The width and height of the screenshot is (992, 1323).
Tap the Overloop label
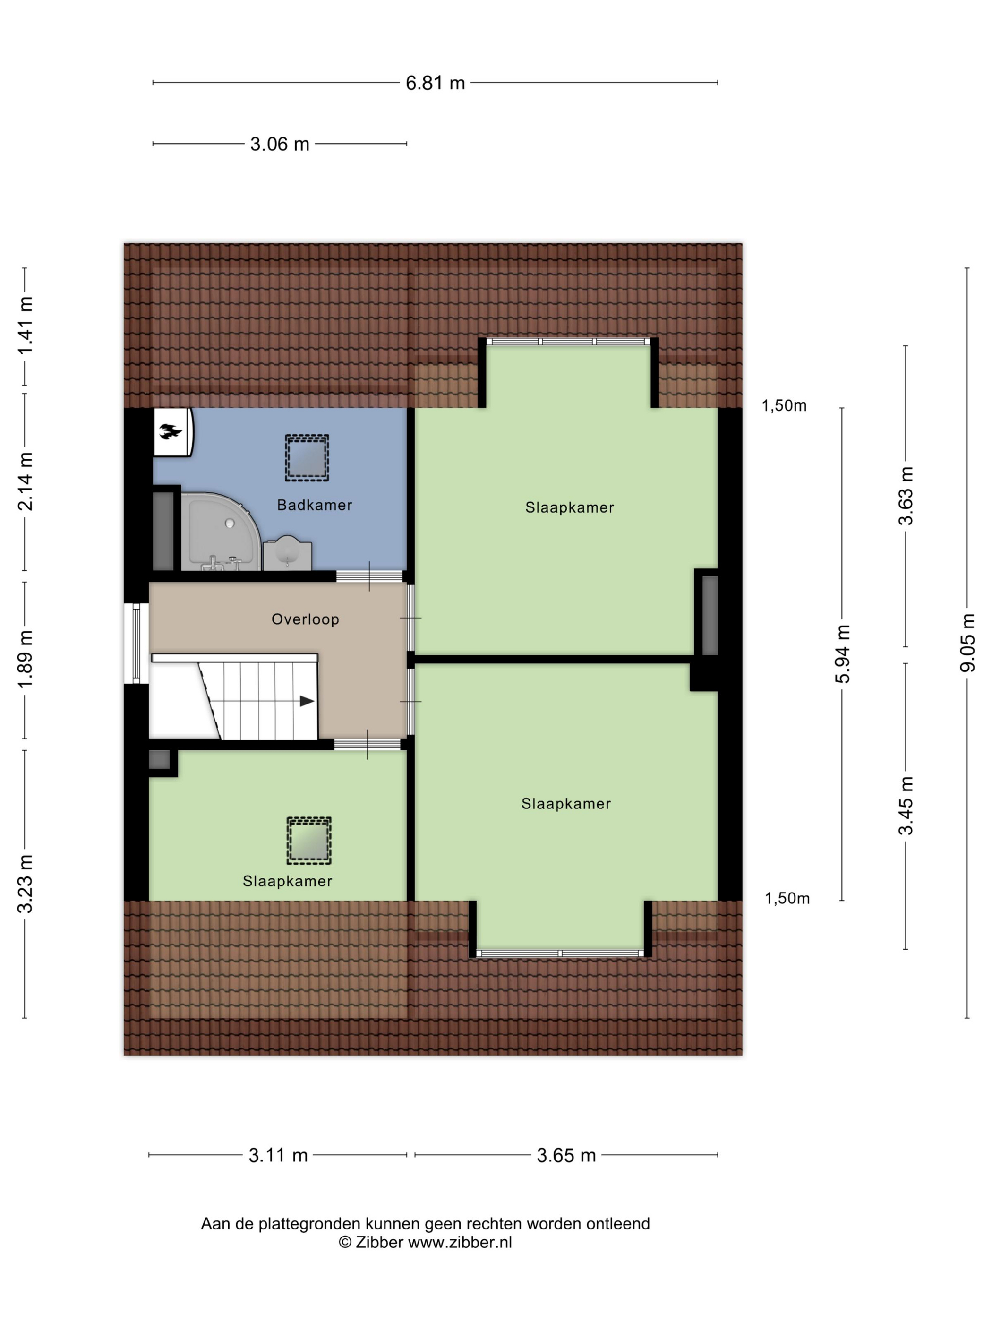pos(305,619)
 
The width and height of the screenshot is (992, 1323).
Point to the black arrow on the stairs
pos(307,701)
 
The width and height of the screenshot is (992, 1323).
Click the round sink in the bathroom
pos(288,551)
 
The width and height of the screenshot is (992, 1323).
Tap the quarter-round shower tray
pos(221,531)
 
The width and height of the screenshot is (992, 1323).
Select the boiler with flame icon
pos(173,432)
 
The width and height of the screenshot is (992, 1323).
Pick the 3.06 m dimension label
pos(279,144)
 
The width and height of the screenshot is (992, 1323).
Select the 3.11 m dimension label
pos(278,1155)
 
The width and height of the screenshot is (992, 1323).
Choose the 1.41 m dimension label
pos(25,326)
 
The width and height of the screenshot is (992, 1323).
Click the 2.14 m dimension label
pos(25,481)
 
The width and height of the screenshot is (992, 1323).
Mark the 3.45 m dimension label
pos(905,805)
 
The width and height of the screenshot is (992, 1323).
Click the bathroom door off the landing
pos(369,576)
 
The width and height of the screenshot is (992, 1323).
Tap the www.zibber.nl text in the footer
pos(460,1242)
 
